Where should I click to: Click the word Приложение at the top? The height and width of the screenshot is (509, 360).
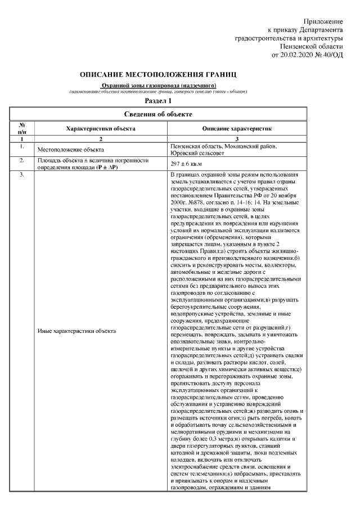pyautogui.click(x=322, y=21)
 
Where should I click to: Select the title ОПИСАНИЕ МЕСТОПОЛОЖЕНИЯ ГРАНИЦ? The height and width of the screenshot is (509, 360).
pyautogui.click(x=159, y=74)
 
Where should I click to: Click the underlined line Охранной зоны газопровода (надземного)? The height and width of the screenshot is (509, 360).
pyautogui.click(x=159, y=84)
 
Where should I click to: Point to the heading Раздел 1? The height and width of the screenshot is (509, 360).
pyautogui.click(x=158, y=101)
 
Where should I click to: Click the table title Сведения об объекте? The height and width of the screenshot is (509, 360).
pyautogui.click(x=158, y=114)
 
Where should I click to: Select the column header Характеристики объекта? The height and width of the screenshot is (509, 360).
pyautogui.click(x=101, y=129)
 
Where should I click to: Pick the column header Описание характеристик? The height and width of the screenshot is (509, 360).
pyautogui.click(x=237, y=129)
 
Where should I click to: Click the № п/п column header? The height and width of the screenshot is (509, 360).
pyautogui.click(x=21, y=128)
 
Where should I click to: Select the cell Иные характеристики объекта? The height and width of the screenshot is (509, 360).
pyautogui.click(x=76, y=331)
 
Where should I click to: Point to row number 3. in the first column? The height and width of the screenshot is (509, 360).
pyautogui.click(x=21, y=176)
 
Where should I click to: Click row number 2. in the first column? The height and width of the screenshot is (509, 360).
pyautogui.click(x=21, y=160)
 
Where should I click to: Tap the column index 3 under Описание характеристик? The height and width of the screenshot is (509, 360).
pyautogui.click(x=237, y=138)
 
